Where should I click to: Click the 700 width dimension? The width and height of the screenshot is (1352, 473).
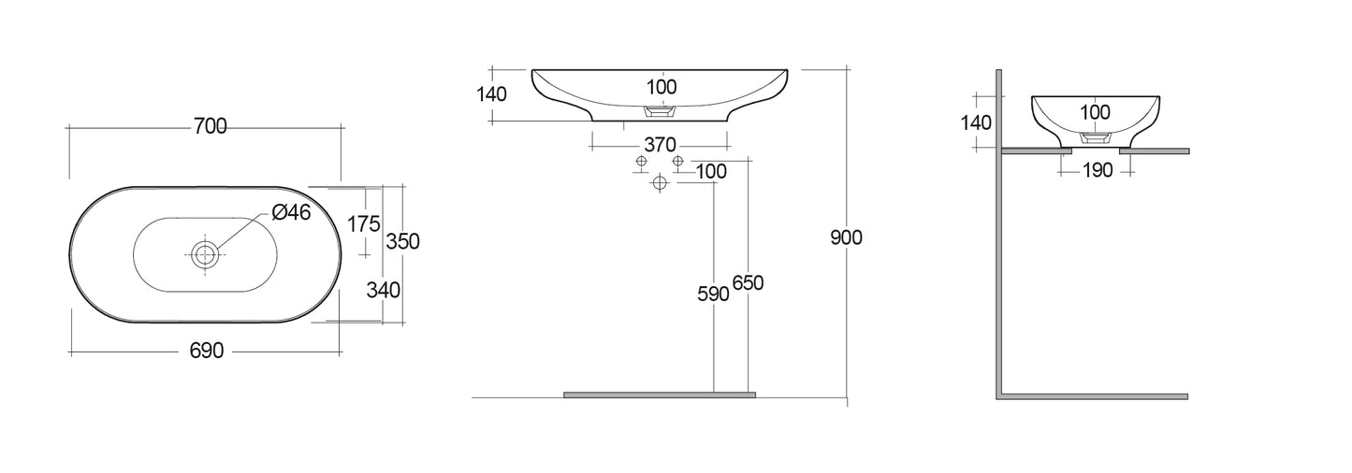coord(210,127)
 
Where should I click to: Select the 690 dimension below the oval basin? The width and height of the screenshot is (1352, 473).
coord(206,351)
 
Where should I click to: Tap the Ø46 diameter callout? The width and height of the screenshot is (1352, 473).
coord(291,213)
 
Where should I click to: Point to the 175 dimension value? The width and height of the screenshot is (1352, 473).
coord(362,223)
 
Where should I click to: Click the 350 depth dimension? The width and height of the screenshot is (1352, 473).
coord(402,240)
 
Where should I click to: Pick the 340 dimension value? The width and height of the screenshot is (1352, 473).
coord(384,290)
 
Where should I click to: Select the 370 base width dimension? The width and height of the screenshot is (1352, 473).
coord(659,145)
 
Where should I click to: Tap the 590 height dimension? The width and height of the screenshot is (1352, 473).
coord(713,294)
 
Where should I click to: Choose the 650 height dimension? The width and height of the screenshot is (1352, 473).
coord(749,283)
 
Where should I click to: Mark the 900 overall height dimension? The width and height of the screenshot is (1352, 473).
coord(846,237)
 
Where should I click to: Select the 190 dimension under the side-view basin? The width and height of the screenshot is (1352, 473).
coord(1096,170)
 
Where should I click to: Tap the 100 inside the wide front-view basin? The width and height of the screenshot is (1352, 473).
coord(661,87)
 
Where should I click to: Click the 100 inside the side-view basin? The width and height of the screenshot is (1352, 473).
coord(1095,112)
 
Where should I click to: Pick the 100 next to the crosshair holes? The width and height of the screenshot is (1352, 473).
coord(711,171)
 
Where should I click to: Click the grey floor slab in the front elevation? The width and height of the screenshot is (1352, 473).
coord(659,395)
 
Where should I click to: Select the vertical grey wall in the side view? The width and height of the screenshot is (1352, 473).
coord(999,234)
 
